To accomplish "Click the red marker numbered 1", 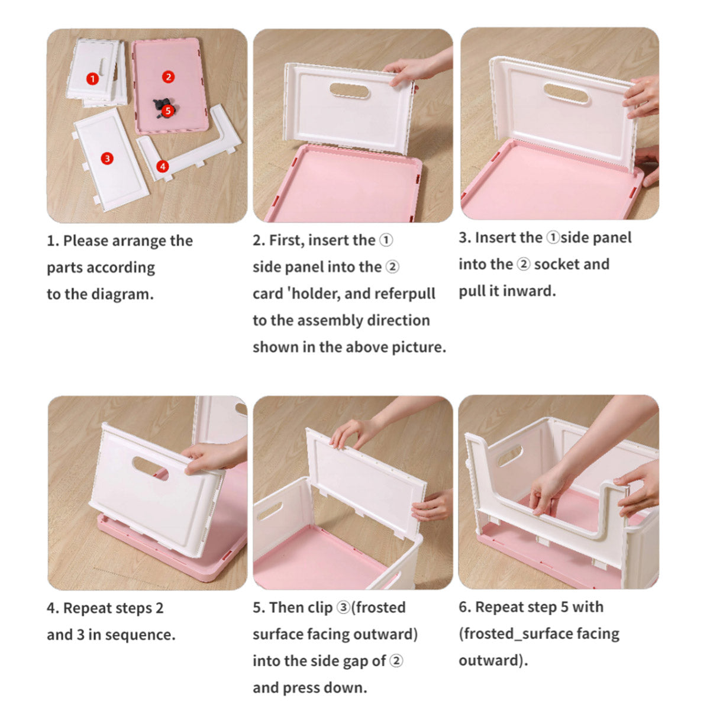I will click(x=92, y=79).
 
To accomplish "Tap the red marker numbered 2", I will click(x=169, y=77).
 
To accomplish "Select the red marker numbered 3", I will click(x=107, y=158).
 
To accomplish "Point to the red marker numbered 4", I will click(x=163, y=166).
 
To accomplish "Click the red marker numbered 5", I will click(x=168, y=110).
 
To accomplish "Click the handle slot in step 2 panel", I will click(x=349, y=91).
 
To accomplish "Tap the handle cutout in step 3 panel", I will click(x=566, y=93).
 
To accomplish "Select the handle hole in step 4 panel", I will click(x=150, y=468).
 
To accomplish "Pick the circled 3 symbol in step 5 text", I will click(x=343, y=608).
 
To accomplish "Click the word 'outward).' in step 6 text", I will click(x=493, y=660).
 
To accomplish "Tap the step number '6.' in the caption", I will click(x=465, y=607).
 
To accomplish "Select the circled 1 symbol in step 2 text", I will click(x=385, y=240).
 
